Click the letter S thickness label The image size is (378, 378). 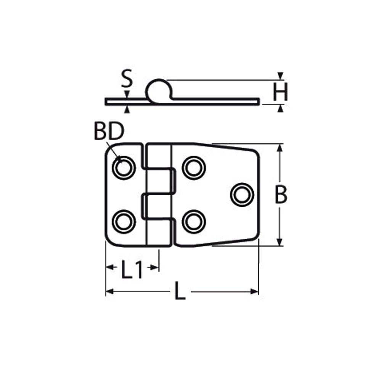[127, 78]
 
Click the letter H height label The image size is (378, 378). [280, 92]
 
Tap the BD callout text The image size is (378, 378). [109, 131]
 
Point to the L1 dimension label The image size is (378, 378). [132, 270]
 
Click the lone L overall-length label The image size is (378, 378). [180, 291]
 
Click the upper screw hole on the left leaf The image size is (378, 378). [124, 167]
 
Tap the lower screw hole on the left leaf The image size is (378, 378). [124, 222]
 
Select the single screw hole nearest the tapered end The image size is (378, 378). [242, 195]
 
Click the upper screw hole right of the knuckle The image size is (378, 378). [194, 167]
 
